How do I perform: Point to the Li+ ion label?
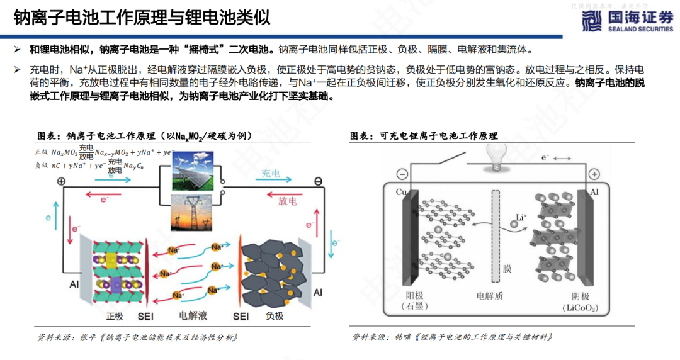(521, 218)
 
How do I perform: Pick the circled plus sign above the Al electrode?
(593, 174)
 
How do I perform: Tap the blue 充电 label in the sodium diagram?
(271, 173)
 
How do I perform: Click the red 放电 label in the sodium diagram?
(287, 201)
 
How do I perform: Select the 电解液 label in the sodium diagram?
(193, 314)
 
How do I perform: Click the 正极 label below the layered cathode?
(115, 314)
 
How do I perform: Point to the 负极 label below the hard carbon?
(275, 314)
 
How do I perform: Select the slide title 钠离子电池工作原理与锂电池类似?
(142, 18)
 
